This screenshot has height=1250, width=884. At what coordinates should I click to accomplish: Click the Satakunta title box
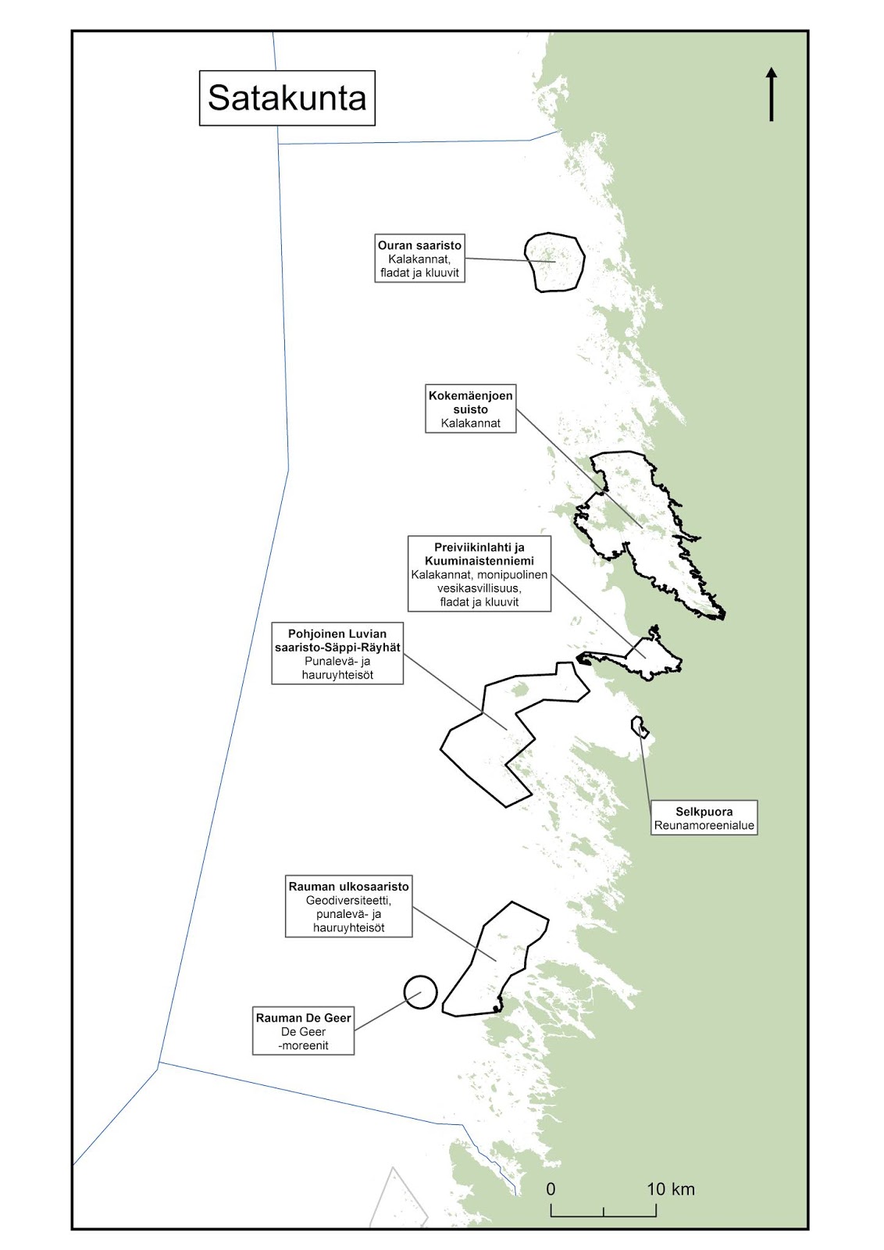287,98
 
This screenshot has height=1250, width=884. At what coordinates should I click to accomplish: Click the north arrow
772,94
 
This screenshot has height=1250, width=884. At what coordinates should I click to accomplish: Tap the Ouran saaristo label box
419,259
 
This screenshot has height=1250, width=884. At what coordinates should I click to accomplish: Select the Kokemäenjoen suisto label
471,409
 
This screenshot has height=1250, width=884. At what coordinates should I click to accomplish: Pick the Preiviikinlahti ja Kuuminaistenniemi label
479,573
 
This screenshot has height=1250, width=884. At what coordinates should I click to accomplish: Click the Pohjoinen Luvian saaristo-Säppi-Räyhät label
337,653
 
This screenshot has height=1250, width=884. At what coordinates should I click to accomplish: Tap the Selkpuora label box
704,818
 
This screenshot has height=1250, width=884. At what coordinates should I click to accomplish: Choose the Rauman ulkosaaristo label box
348,907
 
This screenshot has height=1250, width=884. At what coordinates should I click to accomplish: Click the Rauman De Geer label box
303,1031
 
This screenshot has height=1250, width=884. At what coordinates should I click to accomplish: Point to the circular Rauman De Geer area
420,992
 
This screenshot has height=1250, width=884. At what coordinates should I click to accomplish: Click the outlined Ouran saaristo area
554,262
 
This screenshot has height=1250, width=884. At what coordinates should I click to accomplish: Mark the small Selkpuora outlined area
640,727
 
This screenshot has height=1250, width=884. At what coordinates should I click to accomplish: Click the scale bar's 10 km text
670,1189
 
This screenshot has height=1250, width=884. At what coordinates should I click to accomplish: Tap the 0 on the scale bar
551,1189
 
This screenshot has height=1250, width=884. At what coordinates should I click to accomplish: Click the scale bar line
603,1216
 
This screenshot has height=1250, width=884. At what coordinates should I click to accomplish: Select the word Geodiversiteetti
348,900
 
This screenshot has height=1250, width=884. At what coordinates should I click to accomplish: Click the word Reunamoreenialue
704,825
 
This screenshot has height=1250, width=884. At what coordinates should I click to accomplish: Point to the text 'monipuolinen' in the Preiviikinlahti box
512,574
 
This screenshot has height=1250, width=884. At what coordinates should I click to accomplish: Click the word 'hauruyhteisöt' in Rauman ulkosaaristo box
348,928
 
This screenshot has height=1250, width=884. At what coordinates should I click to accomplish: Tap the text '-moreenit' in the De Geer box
303,1045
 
